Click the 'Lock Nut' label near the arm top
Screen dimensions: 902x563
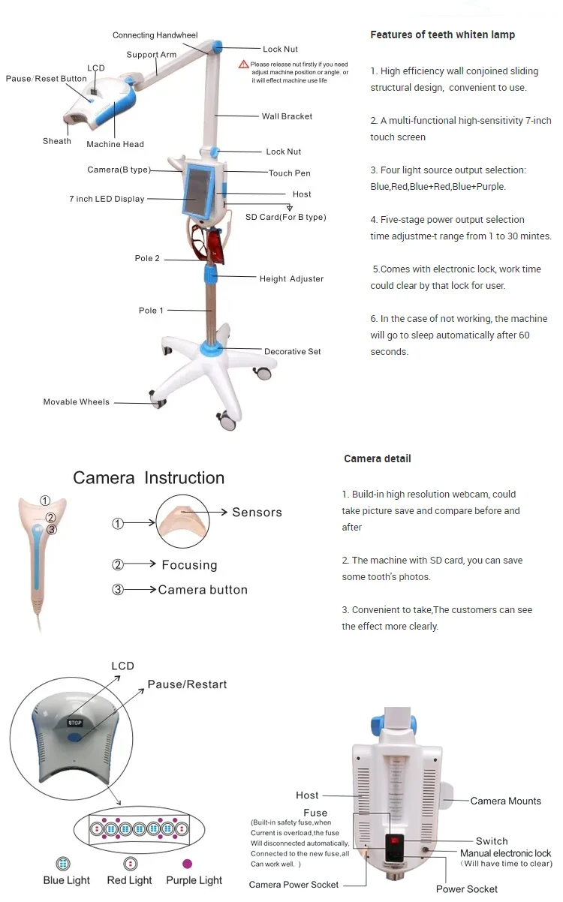(x=280, y=50)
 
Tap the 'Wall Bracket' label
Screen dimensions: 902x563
(x=287, y=116)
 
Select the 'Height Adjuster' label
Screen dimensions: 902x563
(x=291, y=279)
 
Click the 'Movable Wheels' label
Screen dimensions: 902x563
(x=76, y=402)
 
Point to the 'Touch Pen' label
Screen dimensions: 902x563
(x=289, y=173)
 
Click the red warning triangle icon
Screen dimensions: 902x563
(x=243, y=65)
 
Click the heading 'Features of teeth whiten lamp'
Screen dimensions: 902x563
(x=442, y=35)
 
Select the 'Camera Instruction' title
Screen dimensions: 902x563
(x=149, y=478)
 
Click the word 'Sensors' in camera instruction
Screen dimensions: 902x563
(x=257, y=513)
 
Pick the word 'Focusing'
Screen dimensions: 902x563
(x=189, y=565)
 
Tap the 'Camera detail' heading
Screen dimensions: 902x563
(x=377, y=459)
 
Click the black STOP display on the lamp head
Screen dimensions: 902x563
(x=74, y=723)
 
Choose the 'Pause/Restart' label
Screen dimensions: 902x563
(x=187, y=684)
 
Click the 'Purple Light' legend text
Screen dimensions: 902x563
(x=194, y=880)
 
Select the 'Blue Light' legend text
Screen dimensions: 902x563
(x=66, y=880)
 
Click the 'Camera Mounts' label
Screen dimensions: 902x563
(x=505, y=801)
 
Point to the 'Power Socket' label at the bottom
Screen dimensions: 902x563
(x=466, y=889)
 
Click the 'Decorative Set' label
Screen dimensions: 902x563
(x=293, y=352)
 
